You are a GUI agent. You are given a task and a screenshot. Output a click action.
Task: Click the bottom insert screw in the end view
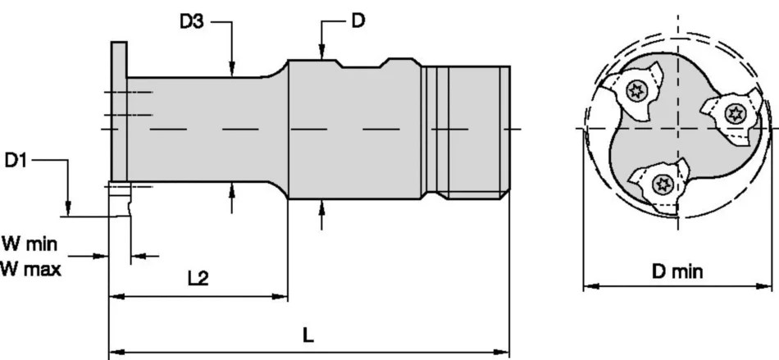658,184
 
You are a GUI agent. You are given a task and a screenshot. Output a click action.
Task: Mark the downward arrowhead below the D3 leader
233,71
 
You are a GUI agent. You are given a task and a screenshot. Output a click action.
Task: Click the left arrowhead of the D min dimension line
587,287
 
